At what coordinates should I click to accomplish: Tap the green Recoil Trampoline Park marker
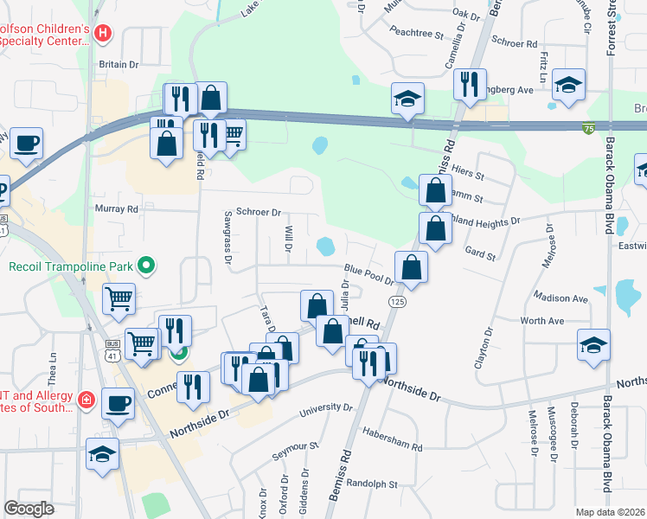point(146,266)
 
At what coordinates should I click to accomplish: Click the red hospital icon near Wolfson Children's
point(103,34)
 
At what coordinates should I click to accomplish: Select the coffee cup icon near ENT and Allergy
point(119,401)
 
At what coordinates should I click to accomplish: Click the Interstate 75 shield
point(588,128)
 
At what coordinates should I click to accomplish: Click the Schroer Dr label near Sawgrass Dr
point(259,212)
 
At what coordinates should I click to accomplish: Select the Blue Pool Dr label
point(368,274)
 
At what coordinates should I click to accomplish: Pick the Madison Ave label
point(561,298)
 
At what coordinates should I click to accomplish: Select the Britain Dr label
point(119,65)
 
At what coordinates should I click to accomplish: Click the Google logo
point(29,509)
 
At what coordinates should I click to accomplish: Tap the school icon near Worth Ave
point(594,343)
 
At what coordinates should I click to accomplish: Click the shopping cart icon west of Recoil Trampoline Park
point(119,298)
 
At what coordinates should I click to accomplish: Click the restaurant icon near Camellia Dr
point(471,84)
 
